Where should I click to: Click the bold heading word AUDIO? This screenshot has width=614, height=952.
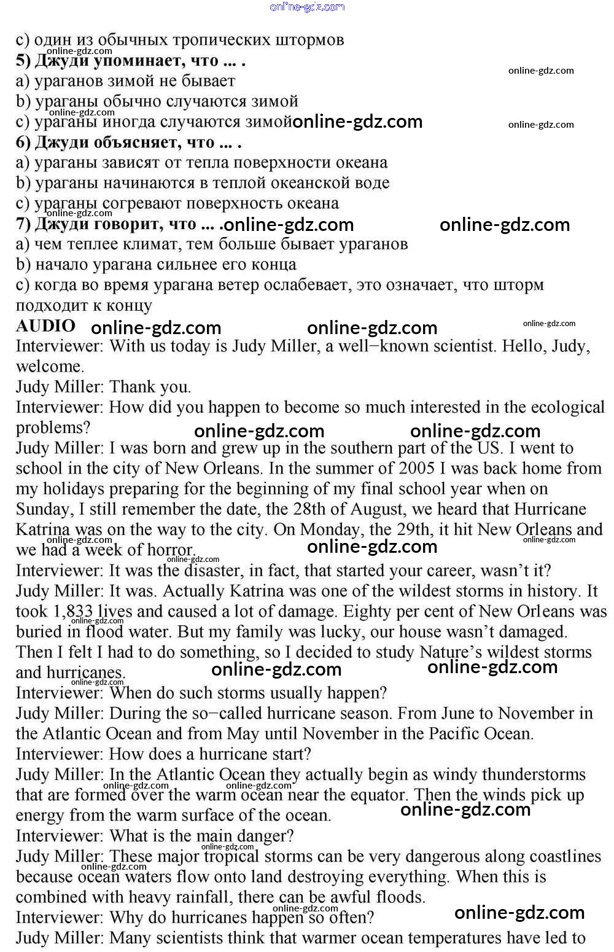(x=45, y=326)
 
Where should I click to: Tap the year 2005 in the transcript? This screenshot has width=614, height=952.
(x=418, y=468)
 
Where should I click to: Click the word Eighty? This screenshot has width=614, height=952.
(x=367, y=611)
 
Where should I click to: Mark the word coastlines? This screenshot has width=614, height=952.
(x=556, y=856)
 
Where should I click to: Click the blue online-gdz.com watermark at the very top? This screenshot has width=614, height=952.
(x=307, y=7)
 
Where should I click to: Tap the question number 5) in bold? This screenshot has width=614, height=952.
(x=23, y=60)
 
